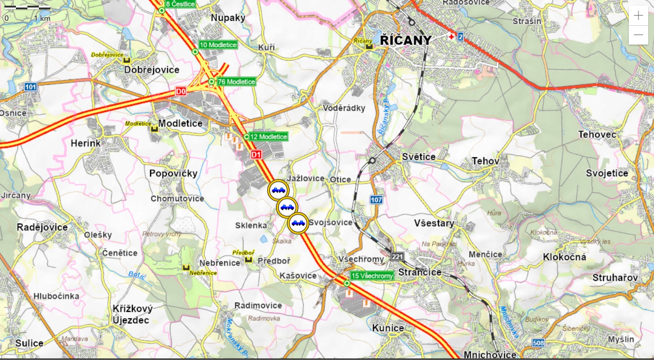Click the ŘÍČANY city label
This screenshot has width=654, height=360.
click(405, 40)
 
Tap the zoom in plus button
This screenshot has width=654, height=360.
click(638, 16)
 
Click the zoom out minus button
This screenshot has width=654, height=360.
click(638, 35)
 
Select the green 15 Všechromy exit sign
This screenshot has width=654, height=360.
click(372, 276)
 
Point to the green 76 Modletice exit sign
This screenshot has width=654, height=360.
click(236, 82)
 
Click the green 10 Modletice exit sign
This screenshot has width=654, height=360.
click(218, 45)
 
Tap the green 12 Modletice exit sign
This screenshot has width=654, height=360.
click(268, 137)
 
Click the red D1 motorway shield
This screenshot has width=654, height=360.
click(256, 155)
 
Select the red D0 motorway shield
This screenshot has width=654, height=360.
click(181, 91)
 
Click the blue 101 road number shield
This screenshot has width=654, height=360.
click(30, 87)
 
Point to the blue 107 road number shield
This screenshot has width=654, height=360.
click(376, 200)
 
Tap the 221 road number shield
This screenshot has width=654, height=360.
click(397, 257)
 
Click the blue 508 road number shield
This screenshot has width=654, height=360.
click(538, 343)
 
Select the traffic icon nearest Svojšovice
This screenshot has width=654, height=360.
click(298, 224)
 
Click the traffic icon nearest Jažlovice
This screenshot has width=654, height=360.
click(278, 190)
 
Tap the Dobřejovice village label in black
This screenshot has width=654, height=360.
click(151, 70)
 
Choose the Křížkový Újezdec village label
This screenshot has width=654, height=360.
click(132, 314)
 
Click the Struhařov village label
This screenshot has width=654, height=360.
click(615, 278)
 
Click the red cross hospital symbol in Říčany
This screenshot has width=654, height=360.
click(451, 37)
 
